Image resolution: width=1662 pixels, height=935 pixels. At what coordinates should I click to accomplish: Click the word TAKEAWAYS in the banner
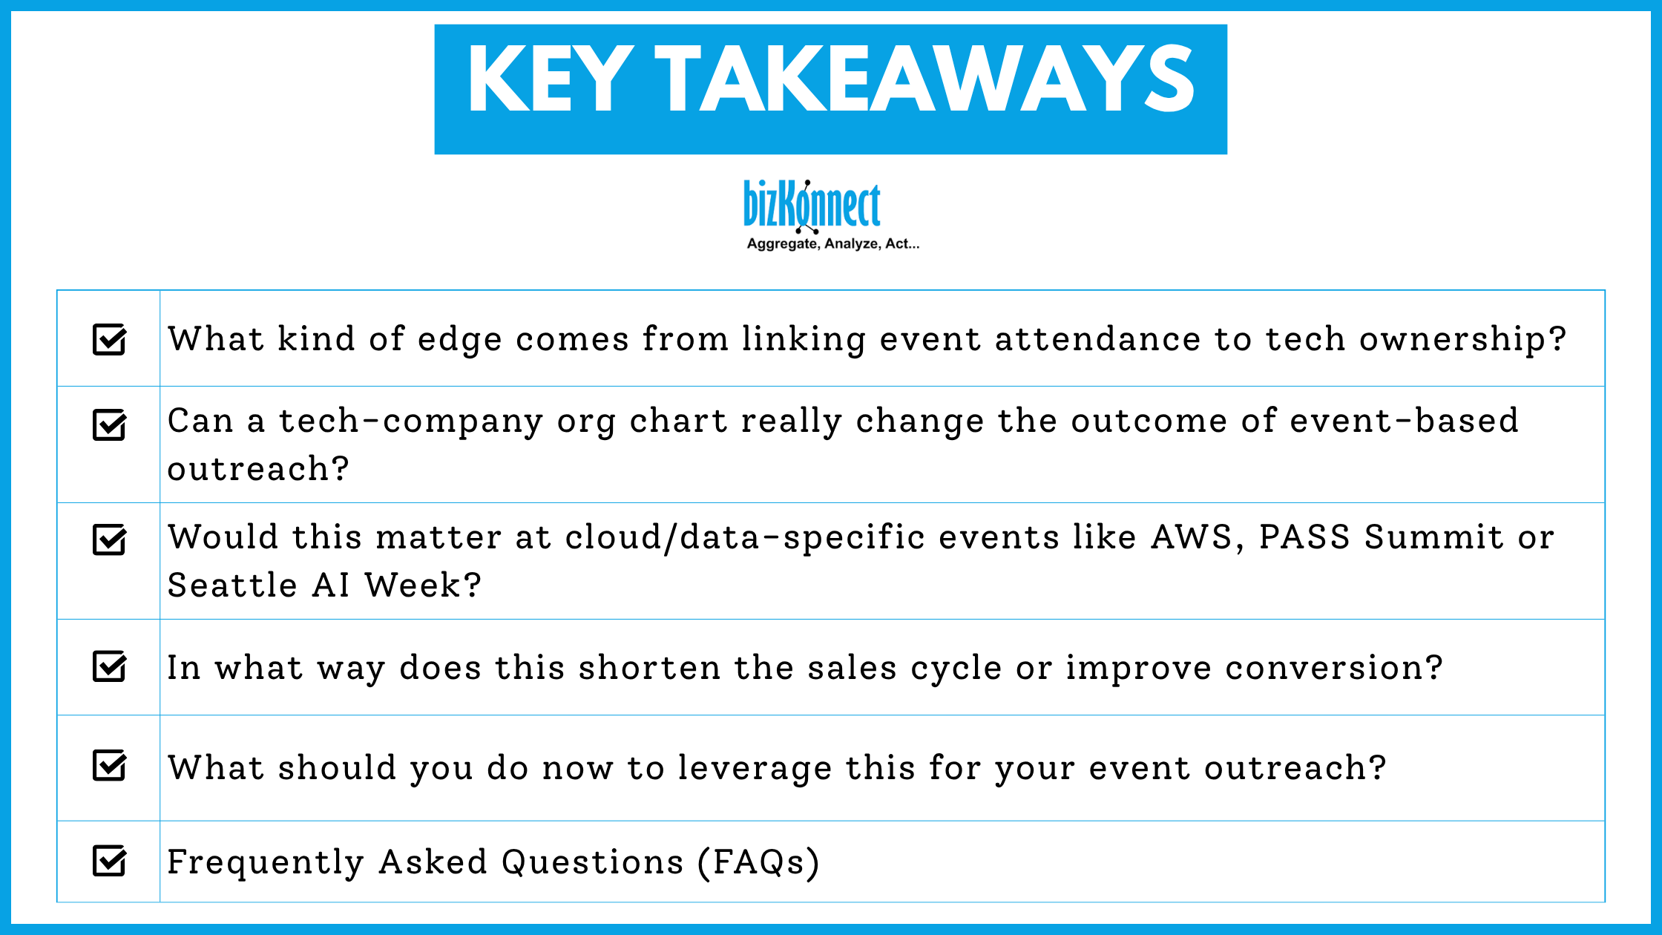924,79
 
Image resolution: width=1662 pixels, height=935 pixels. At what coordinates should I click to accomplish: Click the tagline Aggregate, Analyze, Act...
832,244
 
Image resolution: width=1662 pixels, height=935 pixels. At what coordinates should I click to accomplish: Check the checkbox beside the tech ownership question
109,340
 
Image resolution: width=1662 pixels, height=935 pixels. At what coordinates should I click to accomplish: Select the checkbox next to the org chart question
109,425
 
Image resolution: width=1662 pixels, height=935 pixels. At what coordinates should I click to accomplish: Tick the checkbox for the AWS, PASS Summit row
109,539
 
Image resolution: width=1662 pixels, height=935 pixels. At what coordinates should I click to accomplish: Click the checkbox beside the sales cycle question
109,666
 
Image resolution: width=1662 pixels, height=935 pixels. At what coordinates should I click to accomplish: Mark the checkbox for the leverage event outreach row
109,766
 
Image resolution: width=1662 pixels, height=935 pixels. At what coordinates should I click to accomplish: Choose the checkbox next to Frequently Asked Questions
109,861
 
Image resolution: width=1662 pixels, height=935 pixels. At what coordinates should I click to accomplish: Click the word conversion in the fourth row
1333,668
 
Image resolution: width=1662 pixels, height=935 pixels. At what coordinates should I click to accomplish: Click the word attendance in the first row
1097,340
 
